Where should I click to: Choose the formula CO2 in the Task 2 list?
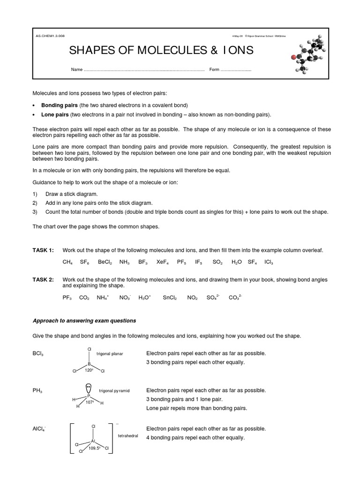click(x=84, y=298)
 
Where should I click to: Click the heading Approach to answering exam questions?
click(x=84, y=321)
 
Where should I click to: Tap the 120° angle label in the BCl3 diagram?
click(x=89, y=370)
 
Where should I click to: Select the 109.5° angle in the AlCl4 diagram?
click(x=96, y=448)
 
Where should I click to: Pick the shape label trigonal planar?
click(x=110, y=353)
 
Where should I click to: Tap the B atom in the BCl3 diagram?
click(x=89, y=363)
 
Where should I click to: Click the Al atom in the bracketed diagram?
click(x=93, y=441)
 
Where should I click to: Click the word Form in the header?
click(x=214, y=70)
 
